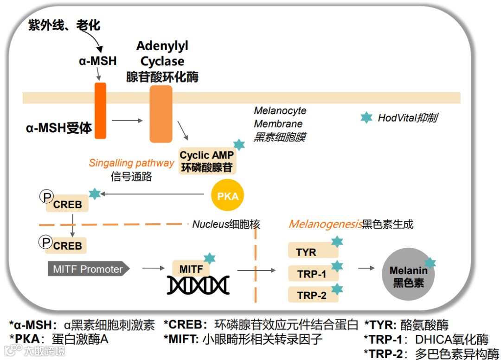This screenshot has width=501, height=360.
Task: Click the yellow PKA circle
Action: click(x=228, y=196)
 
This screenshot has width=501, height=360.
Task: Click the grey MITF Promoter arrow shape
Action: click(x=88, y=269)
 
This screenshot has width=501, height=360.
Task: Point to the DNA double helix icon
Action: click(x=199, y=285)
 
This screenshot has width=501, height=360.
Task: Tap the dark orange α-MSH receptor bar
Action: click(x=100, y=111)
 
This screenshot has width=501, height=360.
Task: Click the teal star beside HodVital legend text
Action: click(x=366, y=118)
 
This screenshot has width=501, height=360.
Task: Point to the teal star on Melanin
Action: click(x=430, y=263)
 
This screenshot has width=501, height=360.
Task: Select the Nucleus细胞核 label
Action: click(x=226, y=225)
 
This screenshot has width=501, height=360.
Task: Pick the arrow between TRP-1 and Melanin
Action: click(x=366, y=268)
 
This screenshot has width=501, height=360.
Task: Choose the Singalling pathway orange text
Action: click(x=132, y=163)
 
